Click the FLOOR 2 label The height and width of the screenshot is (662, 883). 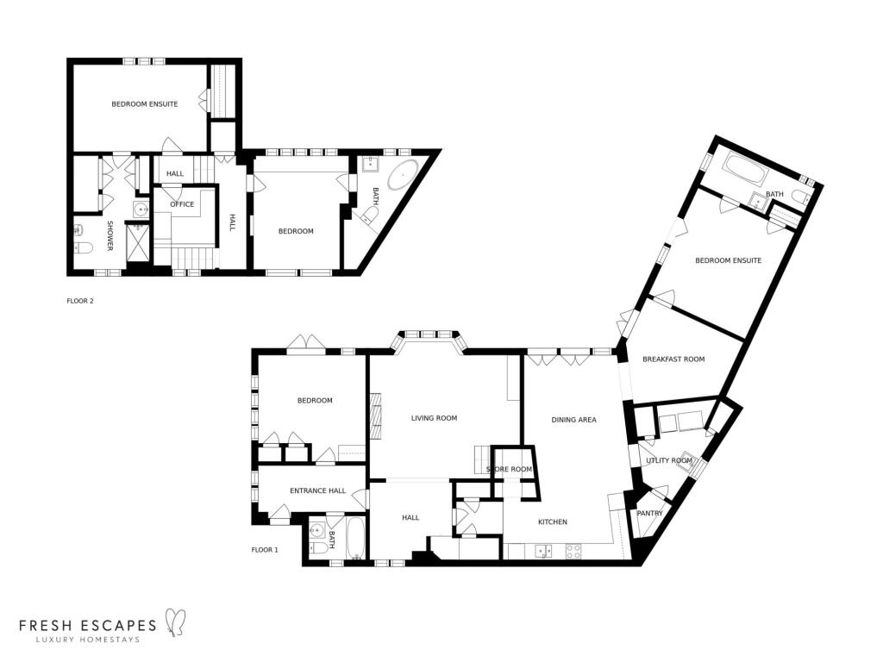coord(80,301)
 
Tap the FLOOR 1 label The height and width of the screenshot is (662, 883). coord(265,550)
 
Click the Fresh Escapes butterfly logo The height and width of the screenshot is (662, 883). coord(174,622)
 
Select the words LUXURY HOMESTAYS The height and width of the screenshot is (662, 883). coord(87,640)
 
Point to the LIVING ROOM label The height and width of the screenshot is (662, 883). coord(435,418)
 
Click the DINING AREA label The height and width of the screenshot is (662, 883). coord(573,420)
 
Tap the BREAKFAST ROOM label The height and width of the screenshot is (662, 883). coord(673,359)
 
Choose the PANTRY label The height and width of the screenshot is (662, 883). coord(650,514)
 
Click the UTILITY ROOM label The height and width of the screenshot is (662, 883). coord(669,460)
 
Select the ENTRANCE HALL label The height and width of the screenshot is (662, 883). coord(317,490)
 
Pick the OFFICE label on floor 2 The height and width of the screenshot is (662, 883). coord(182,204)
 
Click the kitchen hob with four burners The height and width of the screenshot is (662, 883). coord(573,551)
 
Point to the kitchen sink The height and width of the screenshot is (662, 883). coord(544,551)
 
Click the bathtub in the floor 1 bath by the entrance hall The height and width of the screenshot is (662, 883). coord(356,539)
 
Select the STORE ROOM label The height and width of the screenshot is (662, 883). coord(509,470)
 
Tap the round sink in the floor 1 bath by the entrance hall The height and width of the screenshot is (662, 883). coord(317,530)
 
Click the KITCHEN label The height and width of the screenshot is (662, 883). coord(553,522)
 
